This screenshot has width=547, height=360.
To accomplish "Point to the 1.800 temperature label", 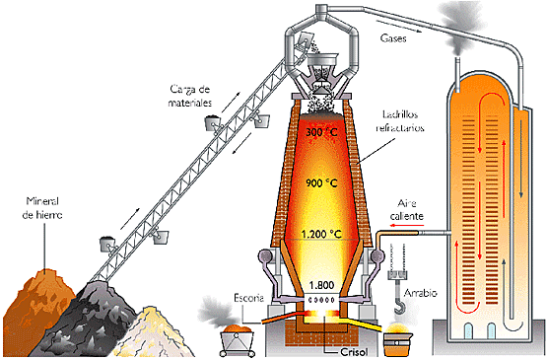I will click(321, 286).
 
